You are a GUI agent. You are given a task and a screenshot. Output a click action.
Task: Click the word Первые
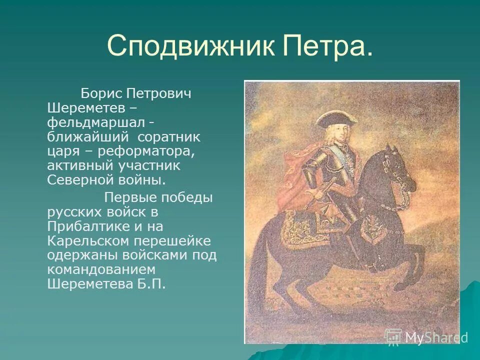tap(129, 197)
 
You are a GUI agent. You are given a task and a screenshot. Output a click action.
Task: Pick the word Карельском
tap(87, 241)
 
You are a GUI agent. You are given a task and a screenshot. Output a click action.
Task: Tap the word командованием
tap(101, 269)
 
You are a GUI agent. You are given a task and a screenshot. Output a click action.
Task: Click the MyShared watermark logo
tap(425, 337)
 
